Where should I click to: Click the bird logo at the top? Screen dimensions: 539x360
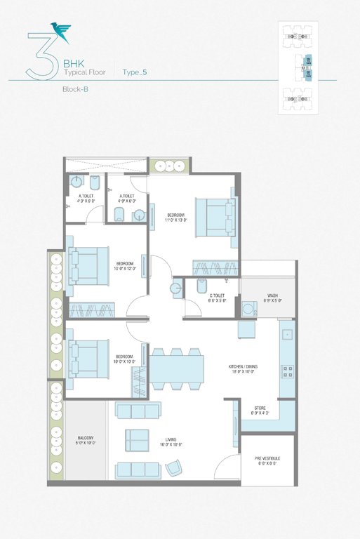(x=60, y=29)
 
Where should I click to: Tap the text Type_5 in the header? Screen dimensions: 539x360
(x=135, y=72)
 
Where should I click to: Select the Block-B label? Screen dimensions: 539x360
(x=74, y=90)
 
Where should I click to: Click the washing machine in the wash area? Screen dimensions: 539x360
(x=248, y=309)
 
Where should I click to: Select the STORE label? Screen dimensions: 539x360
(x=260, y=409)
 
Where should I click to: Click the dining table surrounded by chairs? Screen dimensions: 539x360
(x=178, y=369)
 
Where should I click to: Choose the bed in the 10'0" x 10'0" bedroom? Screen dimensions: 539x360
(x=88, y=359)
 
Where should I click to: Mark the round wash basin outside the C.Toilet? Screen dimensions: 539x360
(x=175, y=288)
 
